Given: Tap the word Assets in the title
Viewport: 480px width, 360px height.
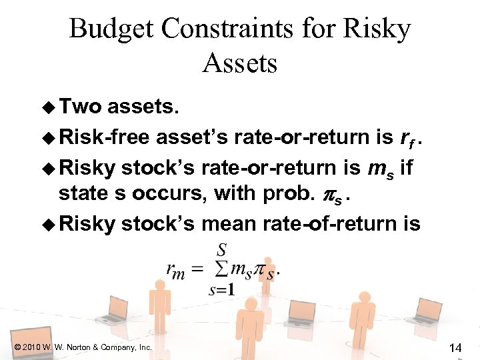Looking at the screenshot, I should pyautogui.click(x=239, y=64).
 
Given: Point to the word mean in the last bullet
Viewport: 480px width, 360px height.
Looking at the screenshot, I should pyautogui.click(x=230, y=223).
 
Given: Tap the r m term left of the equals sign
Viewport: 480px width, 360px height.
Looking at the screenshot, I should pyautogui.click(x=175, y=269).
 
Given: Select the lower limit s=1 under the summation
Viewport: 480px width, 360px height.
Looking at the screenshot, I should pyautogui.click(x=221, y=289).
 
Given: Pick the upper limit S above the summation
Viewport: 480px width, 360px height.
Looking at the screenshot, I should pyautogui.click(x=221, y=249).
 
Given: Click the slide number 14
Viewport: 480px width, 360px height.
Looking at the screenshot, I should pyautogui.click(x=456, y=347).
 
